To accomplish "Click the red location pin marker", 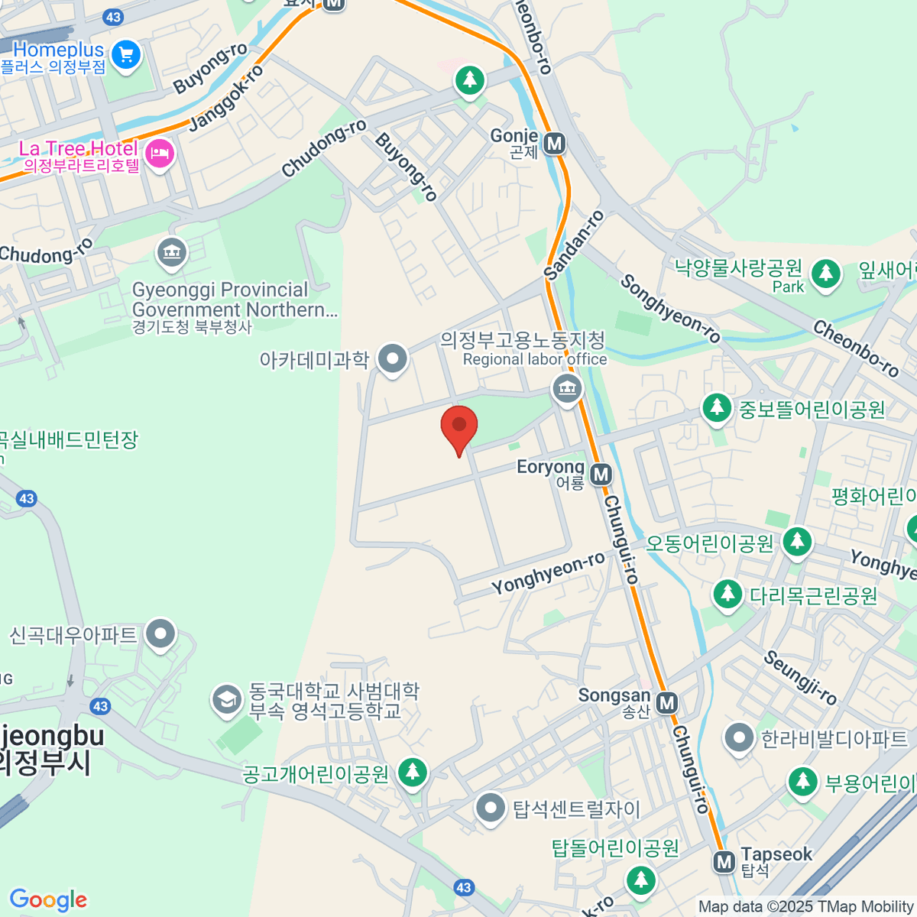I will click(459, 426).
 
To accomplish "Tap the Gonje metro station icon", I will click(555, 143).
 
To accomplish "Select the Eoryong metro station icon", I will click(601, 475).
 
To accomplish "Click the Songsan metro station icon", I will click(667, 702).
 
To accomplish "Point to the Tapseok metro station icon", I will click(724, 862).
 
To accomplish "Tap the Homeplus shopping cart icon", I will click(126, 54).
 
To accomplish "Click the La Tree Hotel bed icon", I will click(160, 155).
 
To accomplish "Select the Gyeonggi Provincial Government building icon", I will click(171, 253).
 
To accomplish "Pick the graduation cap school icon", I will click(226, 700).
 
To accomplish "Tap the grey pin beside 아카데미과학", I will click(393, 358).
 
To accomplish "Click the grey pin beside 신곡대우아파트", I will click(160, 634).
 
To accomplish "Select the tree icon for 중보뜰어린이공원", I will click(716, 407).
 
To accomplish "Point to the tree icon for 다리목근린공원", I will click(727, 594).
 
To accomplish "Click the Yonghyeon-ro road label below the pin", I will click(548, 574).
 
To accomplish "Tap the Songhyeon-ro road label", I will click(669, 308).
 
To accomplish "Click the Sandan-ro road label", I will click(574, 245).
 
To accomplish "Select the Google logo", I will click(48, 900).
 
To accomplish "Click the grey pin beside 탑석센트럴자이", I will click(490, 807).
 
